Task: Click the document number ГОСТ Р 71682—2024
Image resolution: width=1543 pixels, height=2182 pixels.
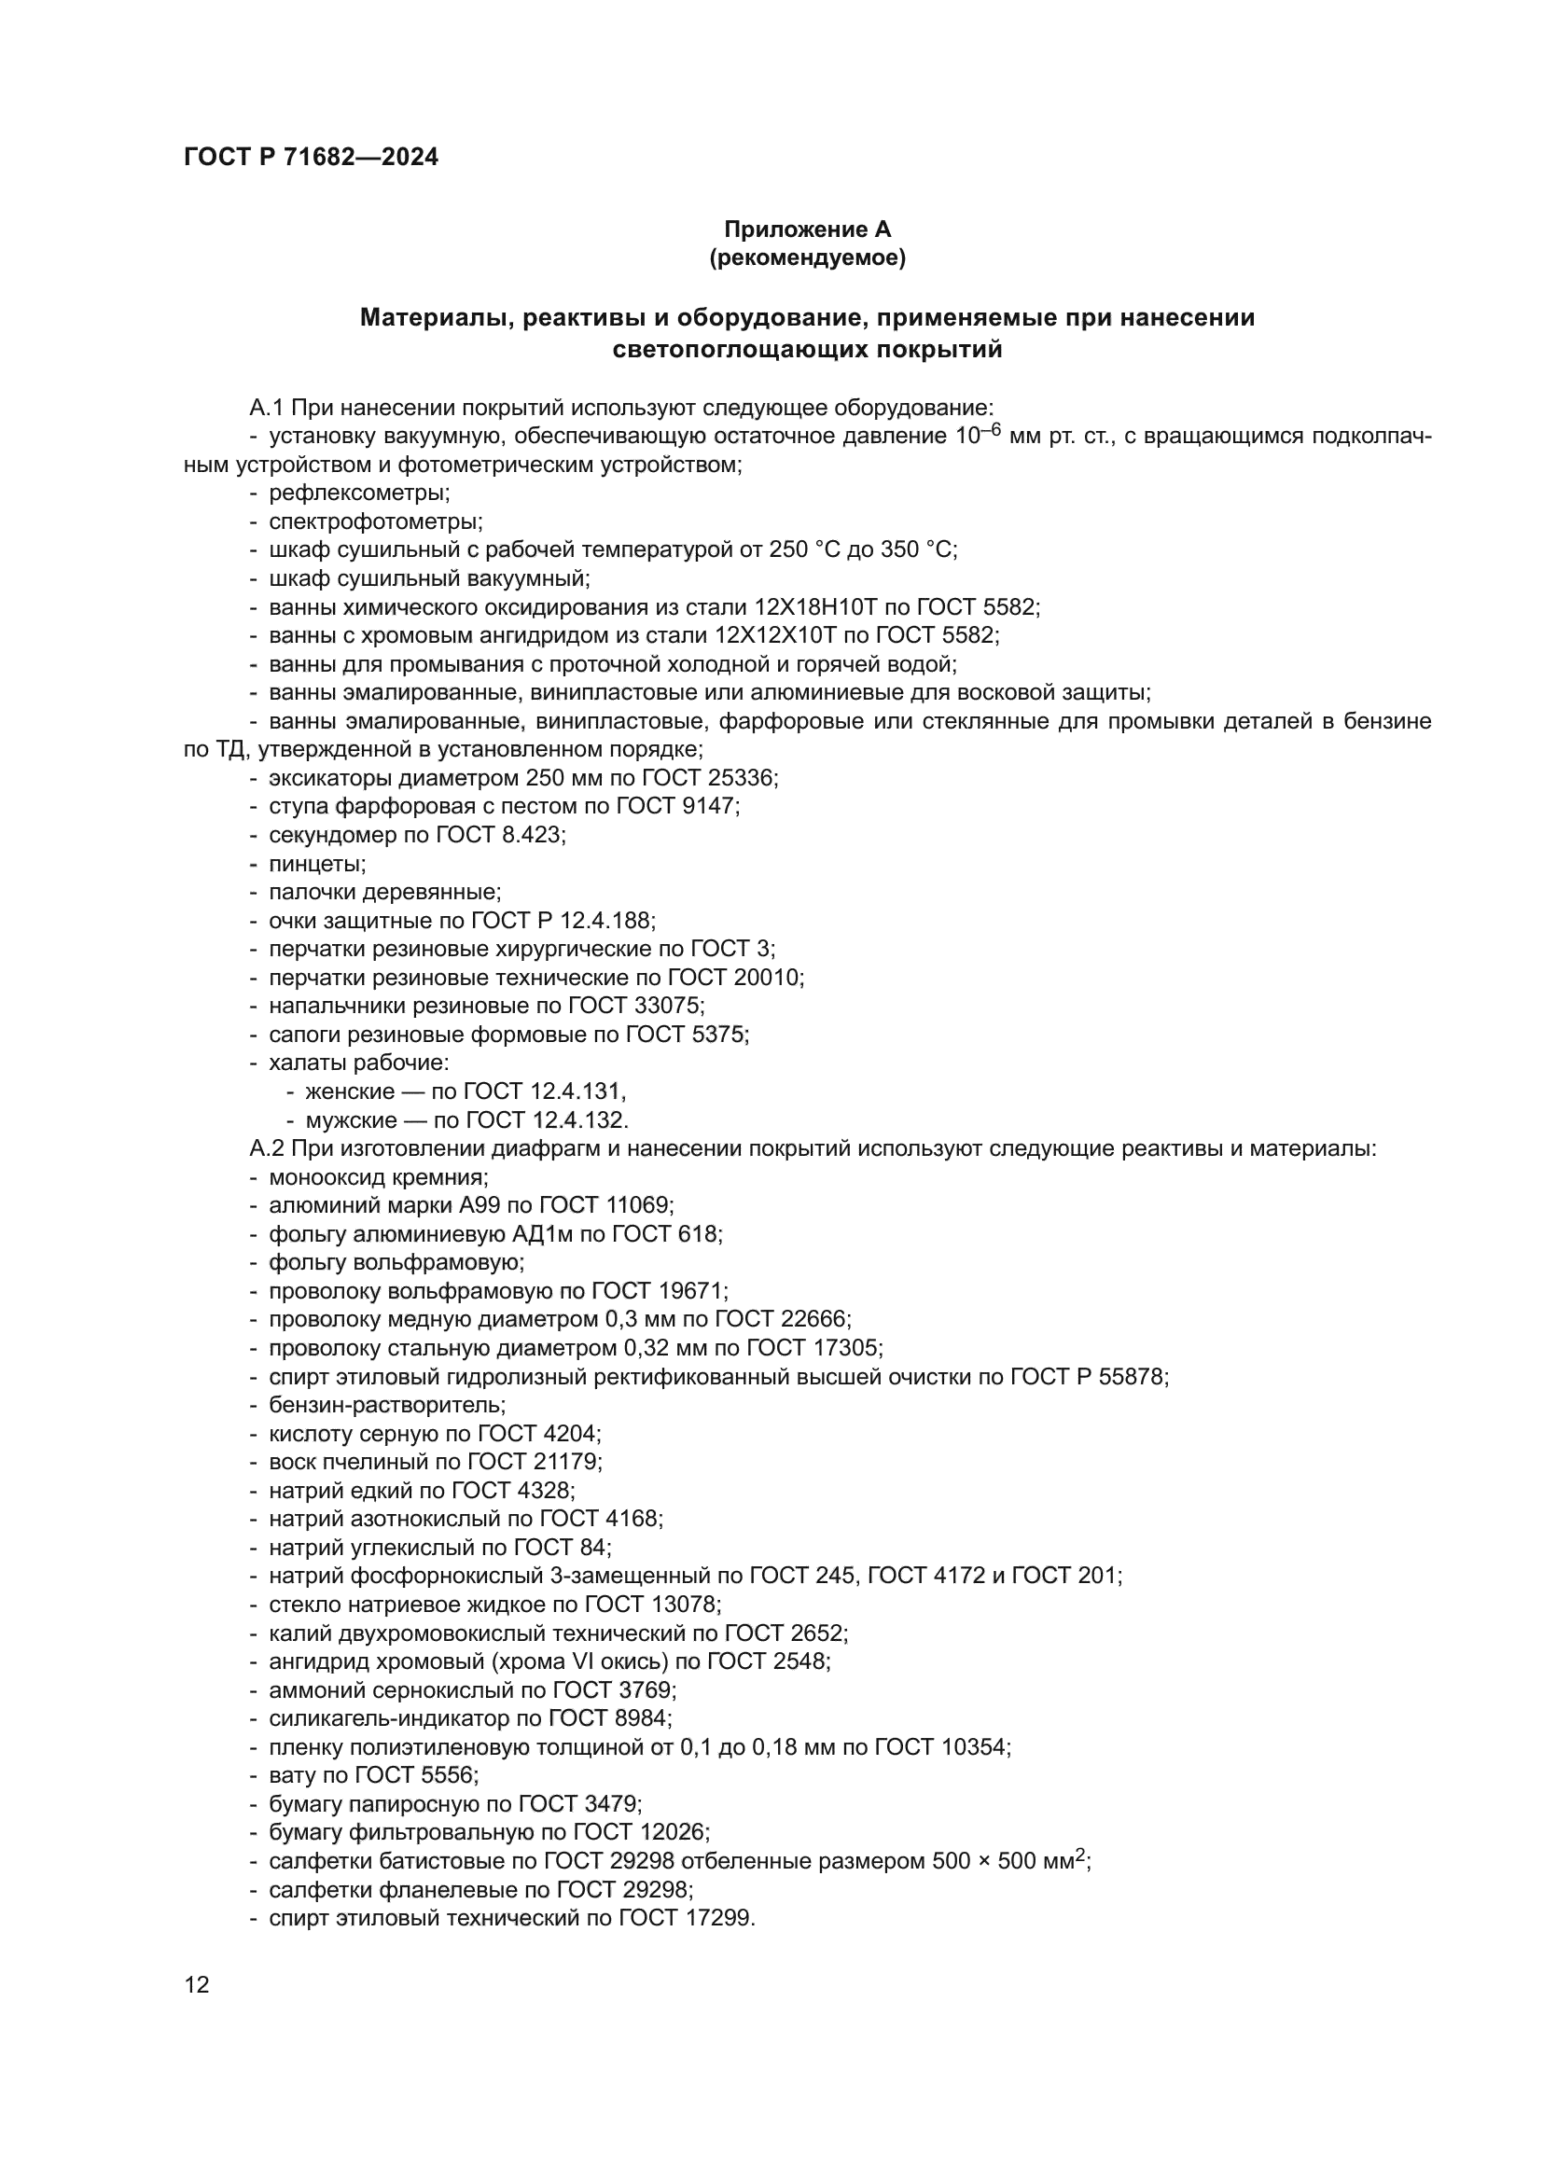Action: coord(311,158)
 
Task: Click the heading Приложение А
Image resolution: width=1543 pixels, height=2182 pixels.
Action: coord(807,229)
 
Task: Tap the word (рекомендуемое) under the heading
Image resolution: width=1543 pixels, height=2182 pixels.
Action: coord(807,257)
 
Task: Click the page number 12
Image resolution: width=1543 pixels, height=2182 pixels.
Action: coord(197,1984)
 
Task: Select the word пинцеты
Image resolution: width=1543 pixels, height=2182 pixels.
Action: coord(315,864)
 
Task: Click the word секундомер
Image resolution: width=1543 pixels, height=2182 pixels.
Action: coord(323,835)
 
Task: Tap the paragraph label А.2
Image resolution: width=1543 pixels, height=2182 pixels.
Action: coord(266,1149)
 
